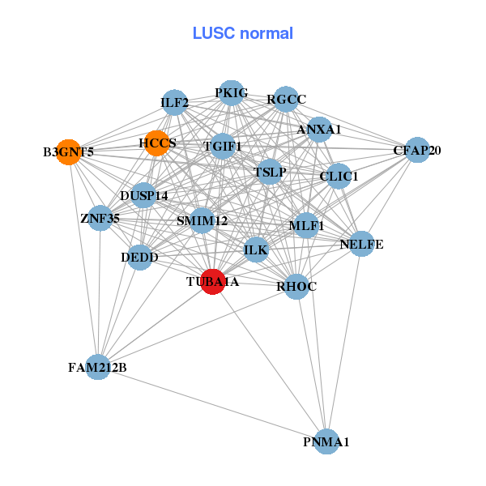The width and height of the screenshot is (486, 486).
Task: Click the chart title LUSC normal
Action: click(x=242, y=33)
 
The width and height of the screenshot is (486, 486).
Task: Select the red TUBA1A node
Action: click(x=212, y=282)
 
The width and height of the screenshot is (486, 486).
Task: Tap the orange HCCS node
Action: click(x=156, y=143)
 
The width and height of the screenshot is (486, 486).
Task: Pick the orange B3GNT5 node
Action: click(x=70, y=151)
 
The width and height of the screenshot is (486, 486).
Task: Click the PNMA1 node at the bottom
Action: click(x=326, y=441)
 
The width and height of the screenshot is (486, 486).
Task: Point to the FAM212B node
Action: click(x=98, y=368)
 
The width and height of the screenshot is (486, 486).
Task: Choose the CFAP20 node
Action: click(x=416, y=150)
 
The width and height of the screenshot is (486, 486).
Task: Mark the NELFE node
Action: click(x=361, y=244)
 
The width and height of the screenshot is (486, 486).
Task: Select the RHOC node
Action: click(x=296, y=286)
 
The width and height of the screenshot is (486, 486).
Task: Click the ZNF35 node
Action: click(x=100, y=218)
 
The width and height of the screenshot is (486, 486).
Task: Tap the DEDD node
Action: click(x=139, y=258)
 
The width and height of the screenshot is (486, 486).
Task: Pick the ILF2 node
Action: click(x=175, y=103)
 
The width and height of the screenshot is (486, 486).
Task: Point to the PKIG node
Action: click(x=232, y=93)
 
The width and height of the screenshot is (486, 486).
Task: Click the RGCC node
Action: click(x=286, y=100)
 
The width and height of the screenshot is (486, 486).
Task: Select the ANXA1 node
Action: click(x=319, y=130)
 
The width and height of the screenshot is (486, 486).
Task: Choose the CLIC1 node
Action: click(x=339, y=176)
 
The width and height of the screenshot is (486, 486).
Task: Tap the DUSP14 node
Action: click(x=143, y=195)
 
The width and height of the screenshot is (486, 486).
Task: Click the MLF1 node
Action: click(x=306, y=225)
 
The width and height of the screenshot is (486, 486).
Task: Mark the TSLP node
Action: click(x=270, y=172)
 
